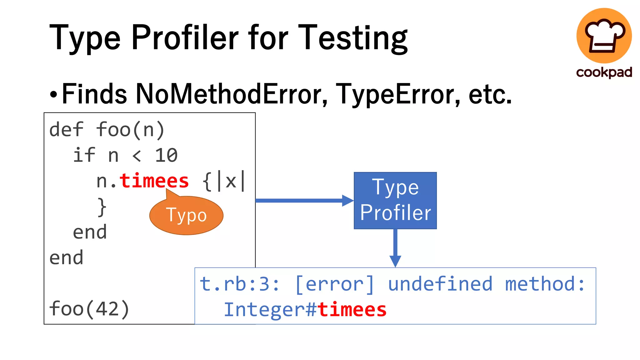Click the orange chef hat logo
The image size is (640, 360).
604,36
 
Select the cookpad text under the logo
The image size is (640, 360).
604,72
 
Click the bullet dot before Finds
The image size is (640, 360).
54,94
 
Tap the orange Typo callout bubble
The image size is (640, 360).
186,216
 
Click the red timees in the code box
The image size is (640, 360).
154,181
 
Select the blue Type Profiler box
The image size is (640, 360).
395,200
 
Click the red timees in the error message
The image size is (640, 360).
352,310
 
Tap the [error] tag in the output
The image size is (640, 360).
334,284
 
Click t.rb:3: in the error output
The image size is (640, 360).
239,284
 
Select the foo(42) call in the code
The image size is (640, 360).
89,309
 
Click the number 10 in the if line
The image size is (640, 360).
166,155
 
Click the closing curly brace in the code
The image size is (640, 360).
102,207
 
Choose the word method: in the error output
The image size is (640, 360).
545,284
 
